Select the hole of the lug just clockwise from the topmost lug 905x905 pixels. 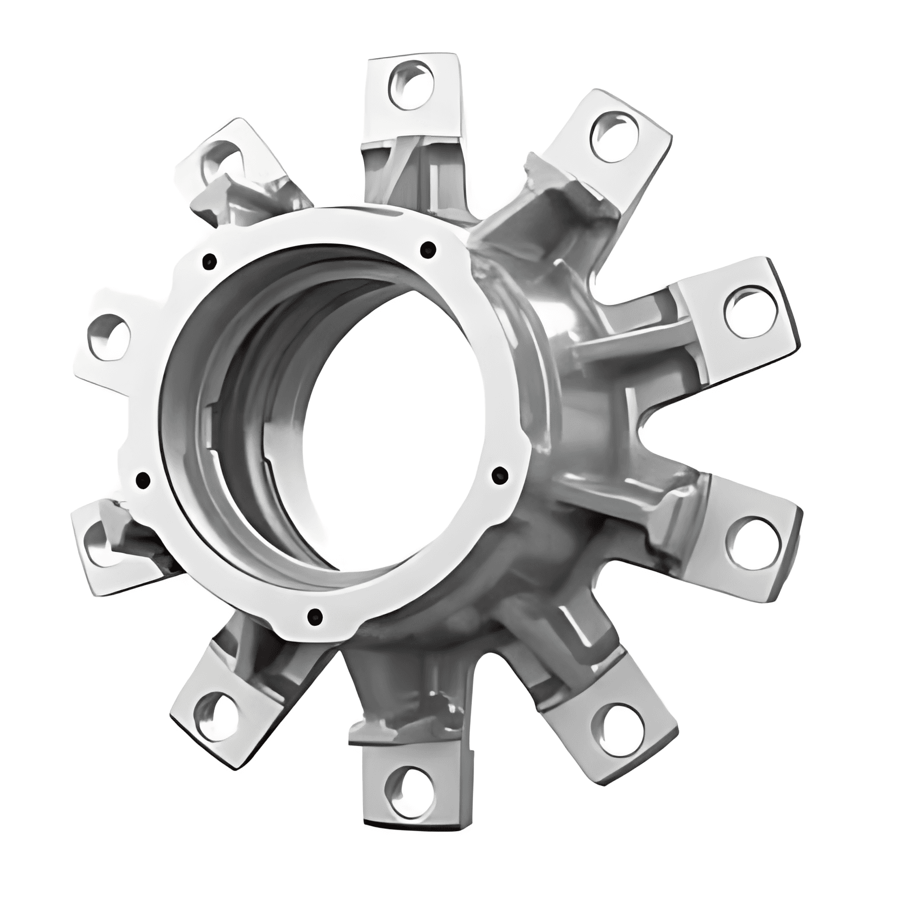[614, 134]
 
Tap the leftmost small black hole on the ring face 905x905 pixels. [143, 479]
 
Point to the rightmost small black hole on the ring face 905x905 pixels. [501, 475]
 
